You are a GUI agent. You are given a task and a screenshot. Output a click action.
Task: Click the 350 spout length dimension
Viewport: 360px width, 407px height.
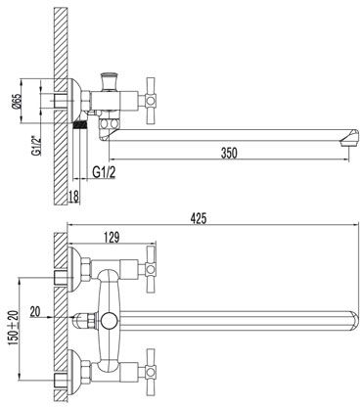(229, 154)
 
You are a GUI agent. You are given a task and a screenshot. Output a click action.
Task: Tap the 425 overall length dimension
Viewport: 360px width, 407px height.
(199, 218)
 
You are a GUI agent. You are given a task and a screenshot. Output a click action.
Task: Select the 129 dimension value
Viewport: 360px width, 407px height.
(112, 238)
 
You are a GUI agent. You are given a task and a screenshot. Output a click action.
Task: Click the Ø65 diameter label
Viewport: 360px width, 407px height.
(17, 102)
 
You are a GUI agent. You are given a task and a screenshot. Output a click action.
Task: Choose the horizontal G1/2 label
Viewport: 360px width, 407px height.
(104, 172)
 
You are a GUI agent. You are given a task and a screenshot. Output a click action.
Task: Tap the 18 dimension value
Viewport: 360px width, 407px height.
(74, 197)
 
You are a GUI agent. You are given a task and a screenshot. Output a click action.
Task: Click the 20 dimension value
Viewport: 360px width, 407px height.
(35, 311)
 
